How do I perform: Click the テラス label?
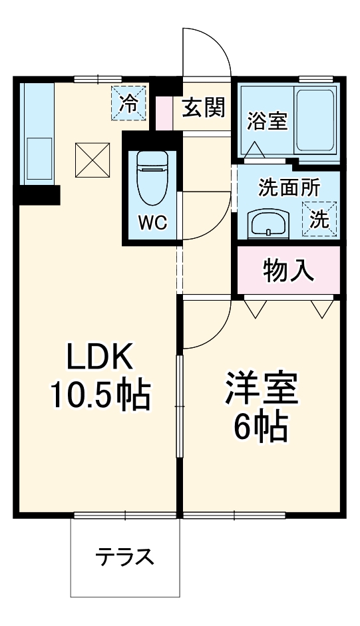124,556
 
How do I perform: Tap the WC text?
152,222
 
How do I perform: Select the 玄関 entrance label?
204,107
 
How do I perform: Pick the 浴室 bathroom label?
267,122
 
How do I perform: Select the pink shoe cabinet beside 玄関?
164,114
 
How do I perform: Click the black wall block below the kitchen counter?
39,195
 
